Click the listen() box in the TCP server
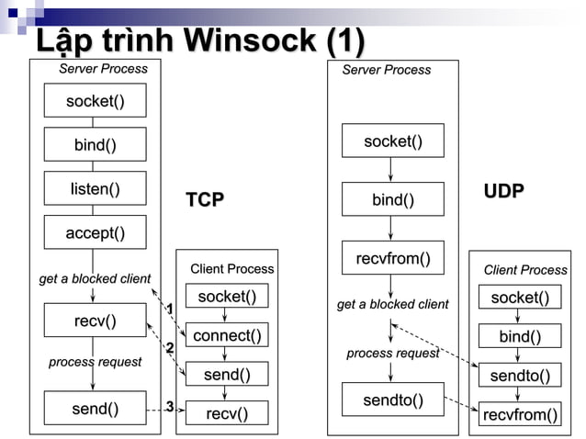96,188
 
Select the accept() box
96,233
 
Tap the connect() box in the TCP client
227,335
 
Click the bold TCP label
205,199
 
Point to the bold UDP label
504,191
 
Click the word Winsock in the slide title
249,40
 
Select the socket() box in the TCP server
96,100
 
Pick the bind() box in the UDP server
393,199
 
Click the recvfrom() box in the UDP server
393,258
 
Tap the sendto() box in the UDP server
393,400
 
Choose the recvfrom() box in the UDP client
520,414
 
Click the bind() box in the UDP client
520,337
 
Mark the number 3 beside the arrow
170,407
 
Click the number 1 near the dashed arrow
170,308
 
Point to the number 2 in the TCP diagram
170,347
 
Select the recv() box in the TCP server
96,320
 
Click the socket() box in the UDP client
520,298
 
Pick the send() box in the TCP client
227,374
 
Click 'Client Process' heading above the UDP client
525,269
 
